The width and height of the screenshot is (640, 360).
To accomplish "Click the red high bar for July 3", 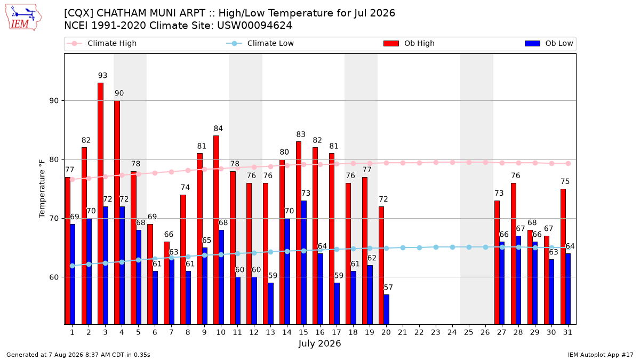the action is (100, 203).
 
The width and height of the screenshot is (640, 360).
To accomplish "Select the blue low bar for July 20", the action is (386, 309).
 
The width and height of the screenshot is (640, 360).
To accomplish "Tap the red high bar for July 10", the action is (216, 230).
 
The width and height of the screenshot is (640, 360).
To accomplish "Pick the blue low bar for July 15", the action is (303, 262).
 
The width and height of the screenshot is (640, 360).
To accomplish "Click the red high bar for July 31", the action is (563, 257).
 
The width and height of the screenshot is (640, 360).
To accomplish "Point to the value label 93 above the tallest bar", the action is (102, 75).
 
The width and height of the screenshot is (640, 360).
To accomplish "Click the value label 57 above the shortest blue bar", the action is (388, 287).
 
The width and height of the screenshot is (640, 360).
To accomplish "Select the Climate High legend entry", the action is (102, 43).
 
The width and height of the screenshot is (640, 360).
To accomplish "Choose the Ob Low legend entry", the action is (549, 43).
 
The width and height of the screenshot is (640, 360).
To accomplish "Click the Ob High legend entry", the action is (409, 43).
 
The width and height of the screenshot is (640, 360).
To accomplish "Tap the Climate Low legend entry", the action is (260, 43).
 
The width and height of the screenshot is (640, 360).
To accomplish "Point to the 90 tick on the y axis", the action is (54, 101).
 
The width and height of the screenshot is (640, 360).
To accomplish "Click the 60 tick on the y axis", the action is (54, 277).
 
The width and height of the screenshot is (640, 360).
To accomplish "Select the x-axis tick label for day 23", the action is (435, 332).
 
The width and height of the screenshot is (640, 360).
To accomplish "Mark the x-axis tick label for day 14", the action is (287, 332).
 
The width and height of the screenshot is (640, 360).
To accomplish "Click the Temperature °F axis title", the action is (42, 189).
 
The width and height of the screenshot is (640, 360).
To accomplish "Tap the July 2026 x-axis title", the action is (319, 343).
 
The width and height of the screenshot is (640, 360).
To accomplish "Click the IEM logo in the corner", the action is (23, 18).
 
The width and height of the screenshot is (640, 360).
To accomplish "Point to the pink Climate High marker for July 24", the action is (452, 162).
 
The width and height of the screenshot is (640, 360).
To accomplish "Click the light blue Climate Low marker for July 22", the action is (419, 247).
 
